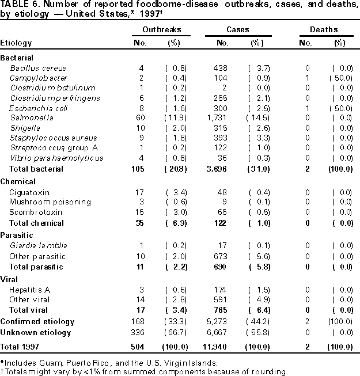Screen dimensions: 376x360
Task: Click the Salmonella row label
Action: point(28,117)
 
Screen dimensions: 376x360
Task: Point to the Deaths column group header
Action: point(324,29)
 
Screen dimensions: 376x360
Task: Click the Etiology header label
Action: point(16,43)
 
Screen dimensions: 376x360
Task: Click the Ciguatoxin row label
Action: point(29,192)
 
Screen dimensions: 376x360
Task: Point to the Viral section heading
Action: point(9,279)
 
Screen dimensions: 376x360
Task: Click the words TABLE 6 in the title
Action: point(17,5)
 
